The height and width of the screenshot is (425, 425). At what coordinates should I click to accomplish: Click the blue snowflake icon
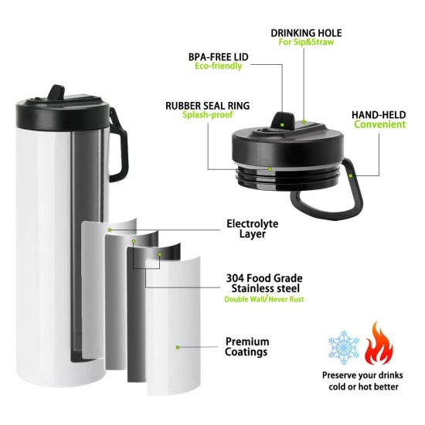click(x=344, y=347)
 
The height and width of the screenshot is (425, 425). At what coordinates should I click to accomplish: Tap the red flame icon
click(x=379, y=343)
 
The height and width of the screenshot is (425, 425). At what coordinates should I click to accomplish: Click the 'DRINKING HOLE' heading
click(x=306, y=32)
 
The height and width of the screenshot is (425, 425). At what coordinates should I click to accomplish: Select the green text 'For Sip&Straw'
click(x=306, y=42)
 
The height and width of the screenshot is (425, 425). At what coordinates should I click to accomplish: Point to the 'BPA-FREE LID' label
click(x=218, y=57)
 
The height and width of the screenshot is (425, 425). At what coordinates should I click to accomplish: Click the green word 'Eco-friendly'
click(x=218, y=66)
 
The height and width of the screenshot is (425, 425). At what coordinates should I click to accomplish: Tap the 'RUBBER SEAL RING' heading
click(x=208, y=105)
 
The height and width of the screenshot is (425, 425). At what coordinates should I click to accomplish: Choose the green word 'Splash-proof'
click(x=208, y=114)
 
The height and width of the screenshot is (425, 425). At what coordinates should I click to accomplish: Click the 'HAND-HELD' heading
click(x=379, y=115)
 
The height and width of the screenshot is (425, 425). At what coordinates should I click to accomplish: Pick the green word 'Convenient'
click(x=379, y=124)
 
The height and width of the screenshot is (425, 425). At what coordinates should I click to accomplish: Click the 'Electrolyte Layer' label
click(x=253, y=229)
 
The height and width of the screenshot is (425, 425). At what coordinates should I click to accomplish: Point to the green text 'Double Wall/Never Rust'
click(x=264, y=299)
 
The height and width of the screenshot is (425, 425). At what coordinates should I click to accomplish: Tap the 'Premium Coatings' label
click(x=247, y=347)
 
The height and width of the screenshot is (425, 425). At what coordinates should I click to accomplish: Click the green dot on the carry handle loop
click(x=351, y=175)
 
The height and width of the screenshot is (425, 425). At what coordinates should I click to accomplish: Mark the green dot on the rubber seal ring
click(x=270, y=169)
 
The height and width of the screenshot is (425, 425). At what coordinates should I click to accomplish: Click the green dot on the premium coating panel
click(x=178, y=347)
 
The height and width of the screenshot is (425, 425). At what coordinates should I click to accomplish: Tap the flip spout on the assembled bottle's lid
click(x=57, y=93)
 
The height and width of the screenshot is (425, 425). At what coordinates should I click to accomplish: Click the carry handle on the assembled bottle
click(x=118, y=145)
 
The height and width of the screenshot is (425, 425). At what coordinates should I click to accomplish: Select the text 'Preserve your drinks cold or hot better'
click(x=362, y=381)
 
